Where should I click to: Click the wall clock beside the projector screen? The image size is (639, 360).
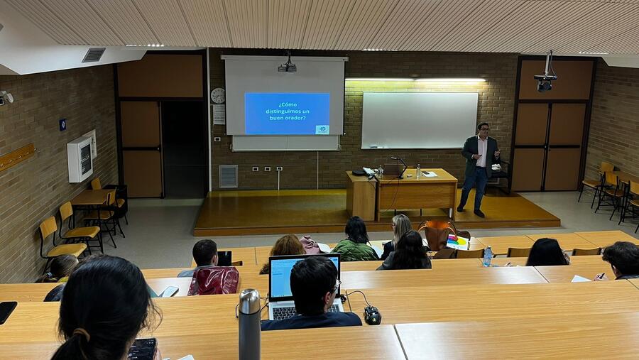point(218,95)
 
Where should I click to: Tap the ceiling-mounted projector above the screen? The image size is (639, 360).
point(287,66)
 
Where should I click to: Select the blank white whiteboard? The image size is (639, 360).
point(419,120)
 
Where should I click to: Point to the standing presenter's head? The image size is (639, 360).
point(483,129)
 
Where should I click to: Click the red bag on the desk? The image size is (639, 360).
point(213,280)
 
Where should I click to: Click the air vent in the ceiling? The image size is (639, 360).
point(93,55)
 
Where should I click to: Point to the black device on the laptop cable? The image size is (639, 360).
point(372,315)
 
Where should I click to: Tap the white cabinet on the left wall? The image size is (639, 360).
point(80,158)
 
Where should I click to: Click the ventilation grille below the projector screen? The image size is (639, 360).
point(228,176)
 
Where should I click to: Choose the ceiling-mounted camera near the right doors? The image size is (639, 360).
point(545,81)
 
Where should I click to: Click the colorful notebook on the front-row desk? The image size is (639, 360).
point(456,242)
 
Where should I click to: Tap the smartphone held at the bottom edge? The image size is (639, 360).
point(143,349)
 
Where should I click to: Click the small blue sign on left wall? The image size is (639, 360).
point(62,124)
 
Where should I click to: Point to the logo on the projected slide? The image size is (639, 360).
point(322,129)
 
